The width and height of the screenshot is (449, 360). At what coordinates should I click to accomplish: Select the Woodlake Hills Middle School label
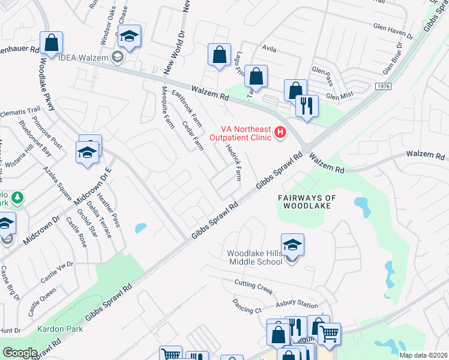tap(255, 257)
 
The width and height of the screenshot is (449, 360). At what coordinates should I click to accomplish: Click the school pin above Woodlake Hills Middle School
tap(292, 245)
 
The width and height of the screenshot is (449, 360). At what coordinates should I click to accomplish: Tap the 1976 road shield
tap(384, 87)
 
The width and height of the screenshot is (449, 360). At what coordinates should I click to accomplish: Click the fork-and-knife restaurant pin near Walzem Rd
tap(307, 106)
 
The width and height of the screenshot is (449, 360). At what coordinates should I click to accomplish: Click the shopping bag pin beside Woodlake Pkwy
tap(52, 43)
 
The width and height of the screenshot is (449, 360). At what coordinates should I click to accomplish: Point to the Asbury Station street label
tap(297, 305)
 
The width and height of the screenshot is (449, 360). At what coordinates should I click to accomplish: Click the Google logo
tap(19, 352)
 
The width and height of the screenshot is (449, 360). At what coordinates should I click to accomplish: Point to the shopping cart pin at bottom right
tap(328, 334)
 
